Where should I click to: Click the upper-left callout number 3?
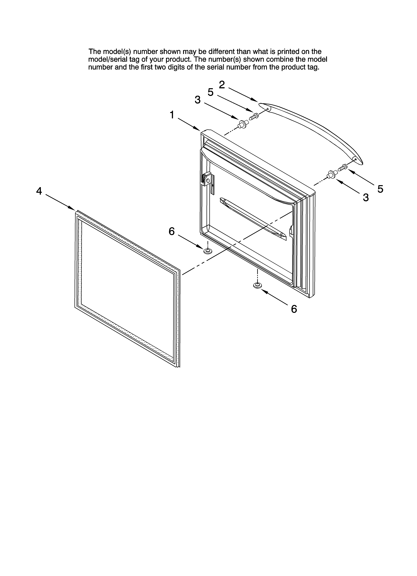pyautogui.click(x=198, y=100)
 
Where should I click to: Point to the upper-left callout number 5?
pyautogui.click(x=210, y=92)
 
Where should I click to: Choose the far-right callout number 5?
pyautogui.click(x=380, y=189)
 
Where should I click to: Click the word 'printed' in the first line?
pyautogui.click(x=288, y=52)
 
